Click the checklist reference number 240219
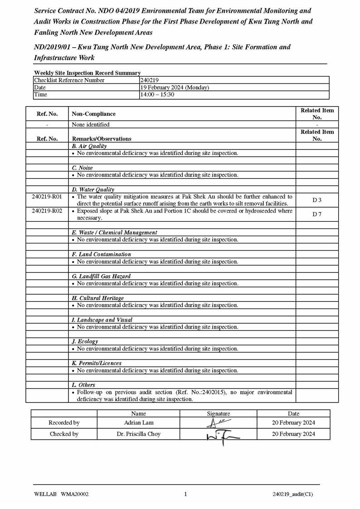click(149, 80)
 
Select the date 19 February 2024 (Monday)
click(175, 87)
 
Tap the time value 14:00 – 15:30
click(157, 95)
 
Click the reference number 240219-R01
click(47, 197)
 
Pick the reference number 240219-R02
click(47, 211)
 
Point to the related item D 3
click(317, 200)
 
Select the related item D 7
click(317, 214)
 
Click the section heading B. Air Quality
click(89, 146)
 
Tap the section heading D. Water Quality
click(93, 189)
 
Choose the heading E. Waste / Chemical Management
click(114, 233)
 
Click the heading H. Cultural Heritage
click(97, 298)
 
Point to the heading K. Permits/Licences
click(97, 363)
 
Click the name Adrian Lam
click(139, 422)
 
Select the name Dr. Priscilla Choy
click(139, 434)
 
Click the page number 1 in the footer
click(185, 494)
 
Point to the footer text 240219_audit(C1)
click(292, 494)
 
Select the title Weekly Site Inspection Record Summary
click(87, 73)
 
